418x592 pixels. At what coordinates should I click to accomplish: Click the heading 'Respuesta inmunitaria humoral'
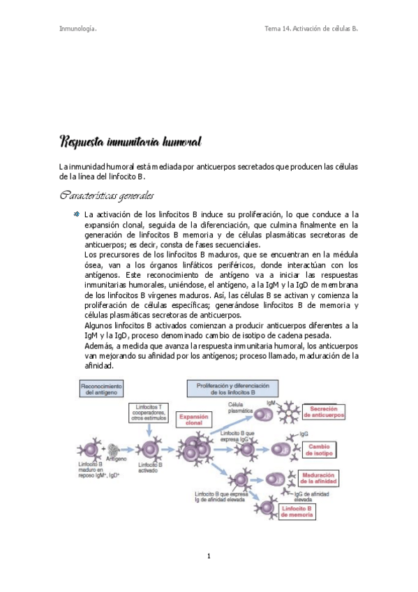point(131,142)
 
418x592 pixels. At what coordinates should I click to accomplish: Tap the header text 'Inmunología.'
point(77,29)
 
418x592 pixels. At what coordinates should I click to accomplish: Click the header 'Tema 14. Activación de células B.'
point(311,29)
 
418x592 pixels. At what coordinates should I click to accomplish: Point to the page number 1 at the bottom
point(209,556)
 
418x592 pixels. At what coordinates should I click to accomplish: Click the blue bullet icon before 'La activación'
point(77,214)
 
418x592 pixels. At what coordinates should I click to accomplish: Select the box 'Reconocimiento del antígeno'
point(102,390)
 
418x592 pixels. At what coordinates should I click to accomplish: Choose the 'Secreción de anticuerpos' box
point(327,412)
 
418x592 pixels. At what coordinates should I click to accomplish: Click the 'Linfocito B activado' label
point(151,467)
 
